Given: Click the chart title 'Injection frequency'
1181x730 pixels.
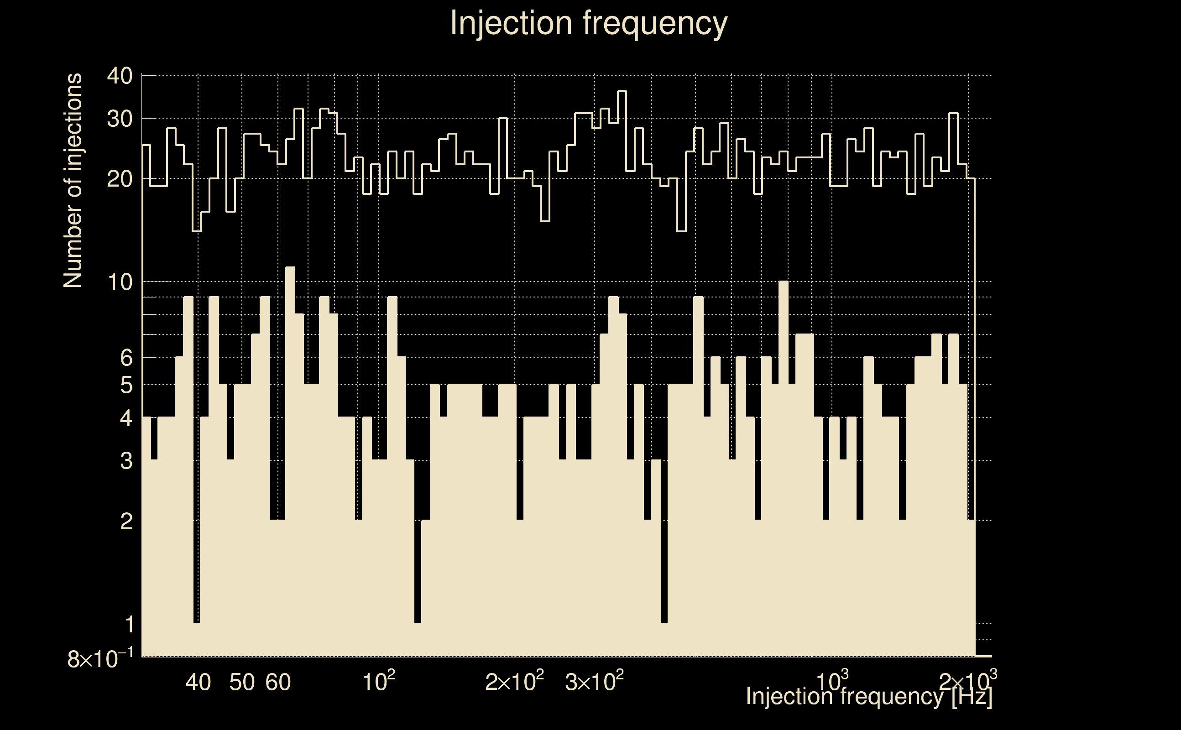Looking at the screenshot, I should (589, 23).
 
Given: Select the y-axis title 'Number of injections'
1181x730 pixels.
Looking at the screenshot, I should (73, 181).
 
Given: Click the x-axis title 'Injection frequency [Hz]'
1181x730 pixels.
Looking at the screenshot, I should (868, 696).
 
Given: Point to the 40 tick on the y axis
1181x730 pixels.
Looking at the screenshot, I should (119, 76).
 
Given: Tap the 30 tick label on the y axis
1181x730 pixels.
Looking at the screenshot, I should (119, 118).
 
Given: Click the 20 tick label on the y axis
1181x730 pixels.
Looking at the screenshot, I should (119, 179).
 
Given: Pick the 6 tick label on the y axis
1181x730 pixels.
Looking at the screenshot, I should (126, 358).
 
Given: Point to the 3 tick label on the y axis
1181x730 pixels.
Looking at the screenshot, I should (126, 461).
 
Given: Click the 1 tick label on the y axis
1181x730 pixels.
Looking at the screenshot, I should (128, 625).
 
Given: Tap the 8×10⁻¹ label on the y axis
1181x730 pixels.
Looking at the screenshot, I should (100, 658).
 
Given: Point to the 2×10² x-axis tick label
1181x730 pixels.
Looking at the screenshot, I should (515, 681).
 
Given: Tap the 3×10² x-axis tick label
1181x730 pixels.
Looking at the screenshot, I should (594, 681).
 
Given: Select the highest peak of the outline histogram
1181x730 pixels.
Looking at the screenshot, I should (622, 91).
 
